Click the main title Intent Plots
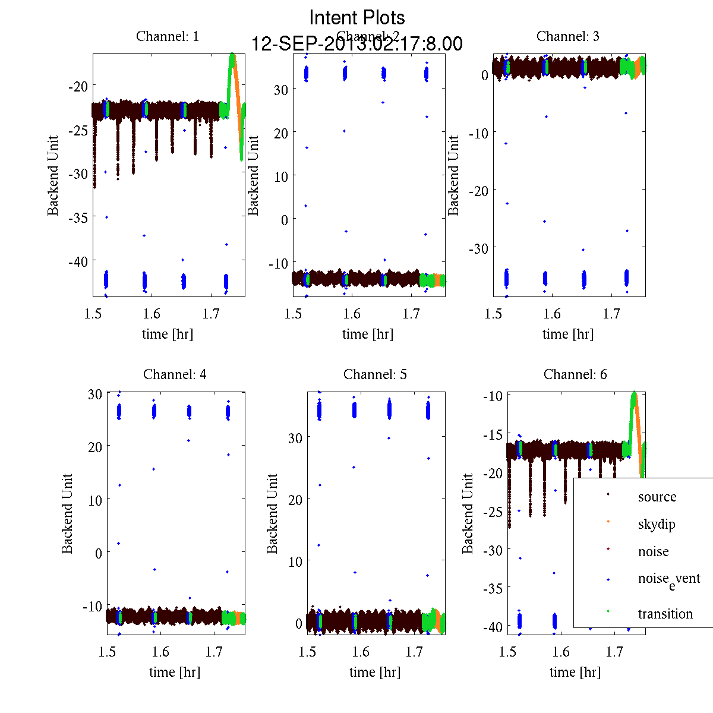click(x=357, y=17)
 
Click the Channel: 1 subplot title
click(x=168, y=36)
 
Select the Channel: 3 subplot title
click(x=567, y=36)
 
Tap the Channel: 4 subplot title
click(x=175, y=374)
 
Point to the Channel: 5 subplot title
click(x=375, y=374)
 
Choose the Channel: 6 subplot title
click(x=575, y=374)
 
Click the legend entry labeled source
click(x=657, y=497)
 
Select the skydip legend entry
click(x=656, y=524)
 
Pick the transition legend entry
click(x=665, y=614)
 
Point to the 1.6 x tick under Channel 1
click(x=152, y=314)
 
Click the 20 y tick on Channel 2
click(x=280, y=133)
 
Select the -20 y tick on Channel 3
click(x=478, y=190)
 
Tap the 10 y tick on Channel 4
click(x=95, y=500)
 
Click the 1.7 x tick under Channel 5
click(x=414, y=652)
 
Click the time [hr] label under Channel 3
click(x=568, y=334)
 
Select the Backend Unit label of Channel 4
click(x=67, y=513)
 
